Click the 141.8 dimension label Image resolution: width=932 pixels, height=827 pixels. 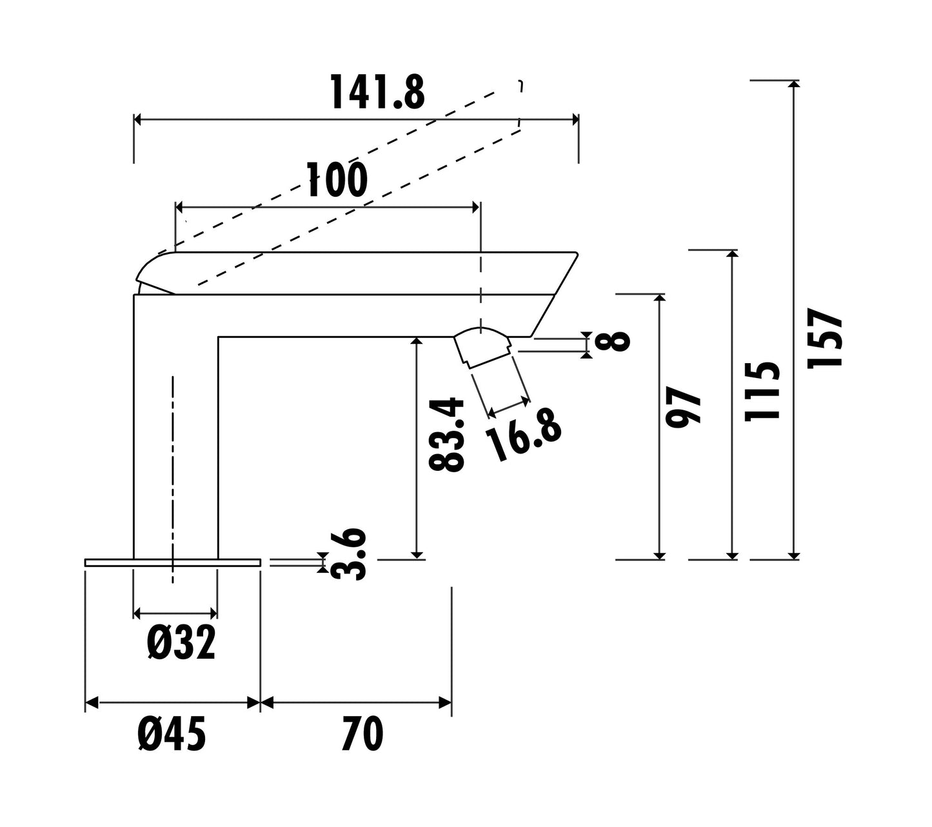coord(377,92)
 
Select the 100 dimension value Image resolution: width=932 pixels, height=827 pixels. coord(337,179)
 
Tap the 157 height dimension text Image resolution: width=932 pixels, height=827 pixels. coord(824,337)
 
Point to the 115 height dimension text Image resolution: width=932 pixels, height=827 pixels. coord(762,391)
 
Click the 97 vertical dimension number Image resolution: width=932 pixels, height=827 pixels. coord(683,408)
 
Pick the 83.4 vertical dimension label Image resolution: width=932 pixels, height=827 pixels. coord(446,435)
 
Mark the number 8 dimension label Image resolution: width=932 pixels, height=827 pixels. coord(612,341)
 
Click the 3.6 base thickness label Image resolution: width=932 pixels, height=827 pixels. coord(348,553)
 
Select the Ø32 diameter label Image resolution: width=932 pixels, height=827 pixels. coord(181,643)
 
